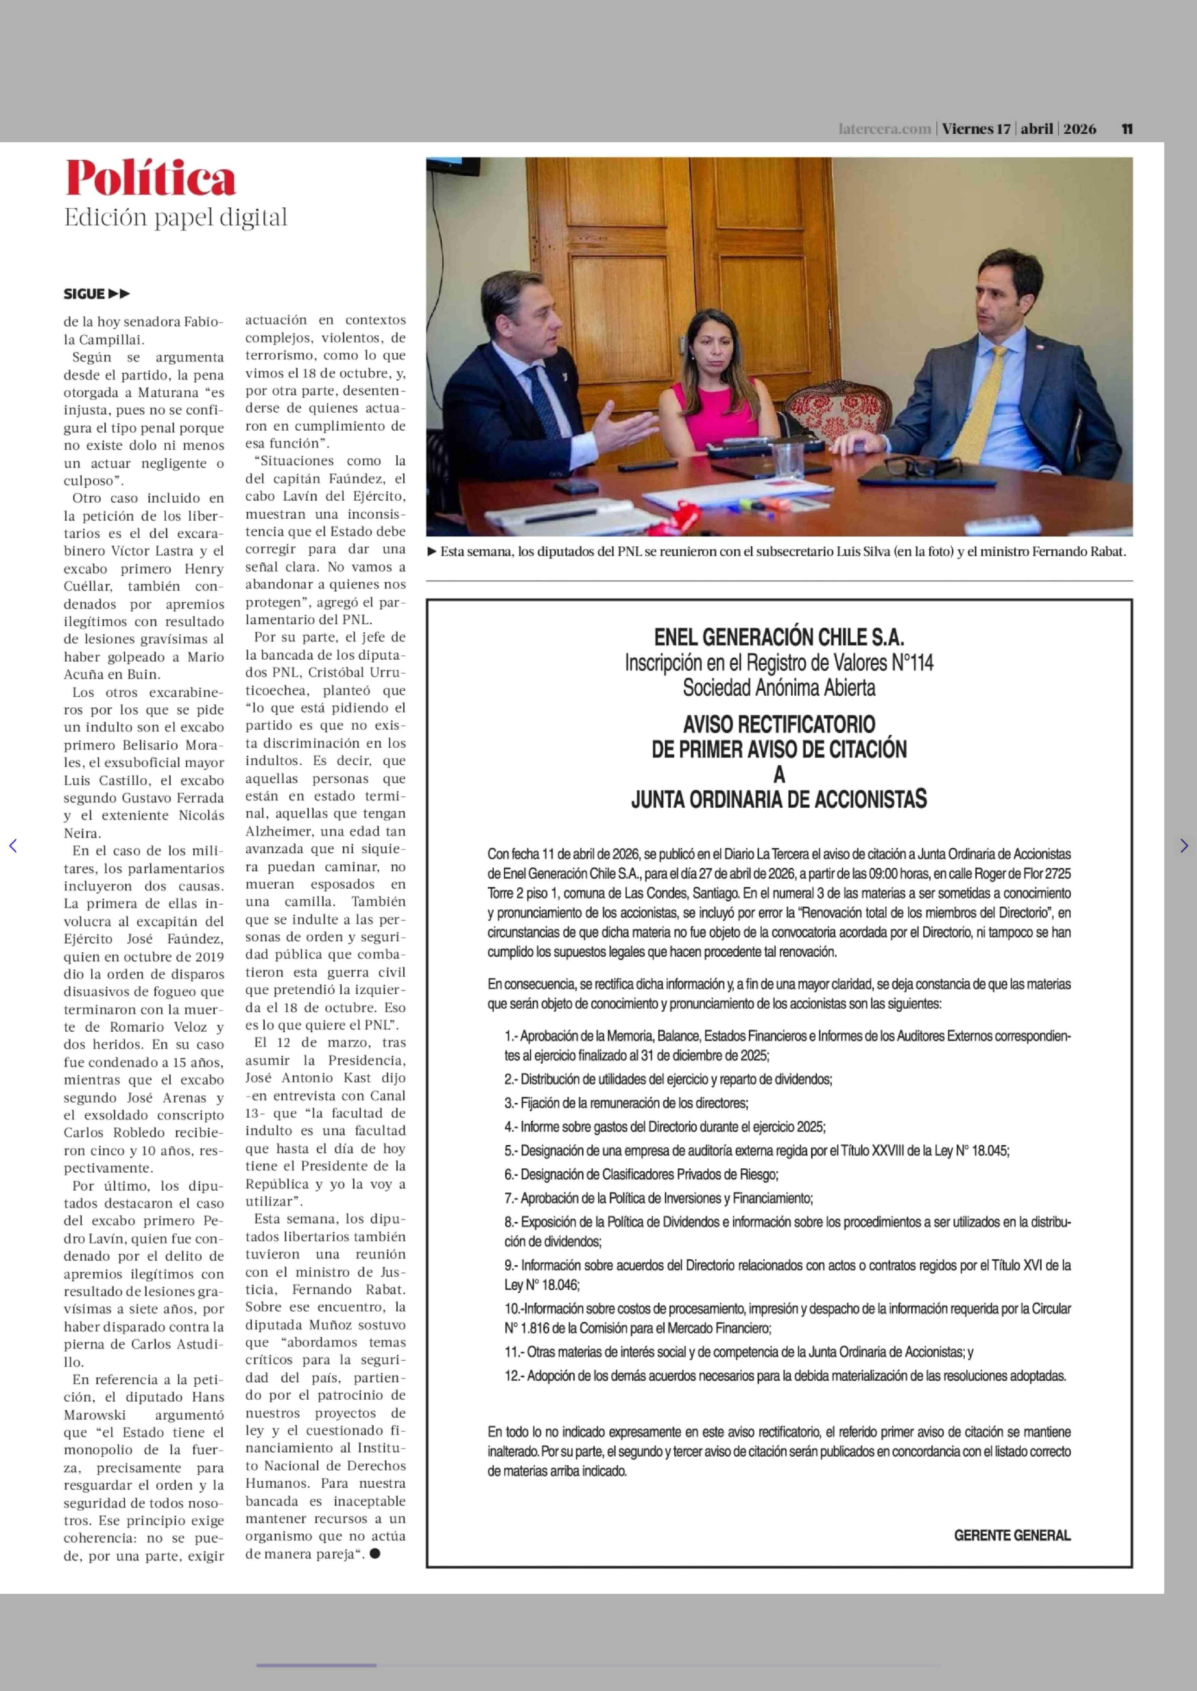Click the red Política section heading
(150, 179)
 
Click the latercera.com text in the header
(884, 129)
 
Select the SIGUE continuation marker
(96, 294)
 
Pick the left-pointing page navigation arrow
(13, 846)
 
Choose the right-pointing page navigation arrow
(1184, 846)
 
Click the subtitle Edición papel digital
(175, 218)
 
